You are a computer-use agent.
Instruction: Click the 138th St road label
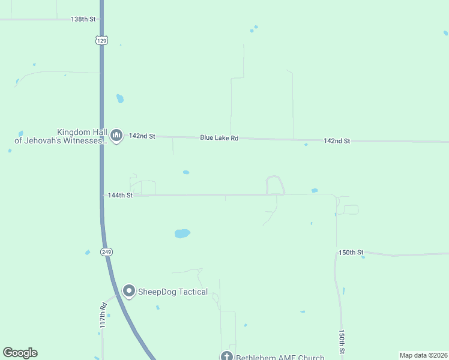(83, 19)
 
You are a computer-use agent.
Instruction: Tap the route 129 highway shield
(101, 40)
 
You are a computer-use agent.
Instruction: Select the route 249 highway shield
(106, 252)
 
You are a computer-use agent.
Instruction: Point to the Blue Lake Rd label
(219, 138)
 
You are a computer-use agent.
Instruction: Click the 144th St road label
(119, 196)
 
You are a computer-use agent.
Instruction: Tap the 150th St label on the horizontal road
(351, 253)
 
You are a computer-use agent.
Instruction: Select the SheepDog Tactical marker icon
(128, 291)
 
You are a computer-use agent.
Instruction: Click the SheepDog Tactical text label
(173, 292)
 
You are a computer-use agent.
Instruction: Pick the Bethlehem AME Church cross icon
(226, 356)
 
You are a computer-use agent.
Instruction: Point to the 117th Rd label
(103, 314)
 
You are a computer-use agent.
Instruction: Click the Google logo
(20, 353)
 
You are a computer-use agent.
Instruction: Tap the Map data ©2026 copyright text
(423, 355)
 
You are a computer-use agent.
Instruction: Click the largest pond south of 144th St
(182, 233)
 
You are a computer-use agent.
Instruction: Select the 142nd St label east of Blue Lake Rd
(336, 141)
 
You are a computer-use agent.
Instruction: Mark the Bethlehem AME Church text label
(280, 357)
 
